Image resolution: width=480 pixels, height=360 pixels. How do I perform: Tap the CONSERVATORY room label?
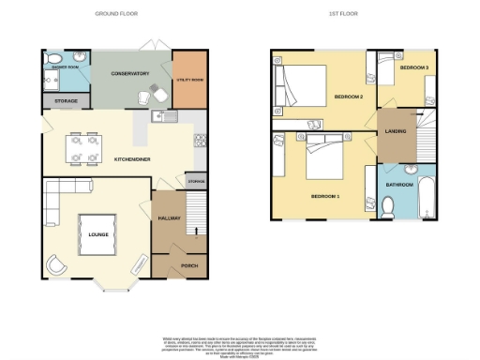[x=131, y=72]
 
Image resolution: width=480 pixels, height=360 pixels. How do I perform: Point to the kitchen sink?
[x=161, y=116]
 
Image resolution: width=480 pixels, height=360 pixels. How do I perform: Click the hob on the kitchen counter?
[x=201, y=142]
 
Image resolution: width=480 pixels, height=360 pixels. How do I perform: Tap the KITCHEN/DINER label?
[x=133, y=159]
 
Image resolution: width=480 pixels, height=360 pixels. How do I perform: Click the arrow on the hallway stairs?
[x=196, y=229]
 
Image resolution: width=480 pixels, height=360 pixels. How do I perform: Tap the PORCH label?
[x=187, y=264]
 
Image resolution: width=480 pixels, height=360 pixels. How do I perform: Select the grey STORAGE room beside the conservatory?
[x=66, y=100]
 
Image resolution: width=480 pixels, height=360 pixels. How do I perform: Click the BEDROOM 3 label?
[x=413, y=68]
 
